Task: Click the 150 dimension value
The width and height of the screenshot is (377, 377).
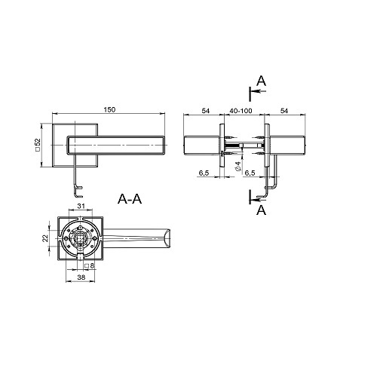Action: click(109, 110)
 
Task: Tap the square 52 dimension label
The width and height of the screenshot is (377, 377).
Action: click(38, 145)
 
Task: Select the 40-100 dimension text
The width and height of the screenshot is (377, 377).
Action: click(241, 111)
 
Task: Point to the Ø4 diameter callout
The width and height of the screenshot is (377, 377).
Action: click(238, 167)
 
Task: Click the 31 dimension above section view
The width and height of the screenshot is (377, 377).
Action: click(81, 206)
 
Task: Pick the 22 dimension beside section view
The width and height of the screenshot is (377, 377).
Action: click(45, 238)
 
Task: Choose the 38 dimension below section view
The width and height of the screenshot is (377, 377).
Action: click(81, 277)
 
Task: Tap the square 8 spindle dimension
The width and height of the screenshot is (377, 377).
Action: click(89, 265)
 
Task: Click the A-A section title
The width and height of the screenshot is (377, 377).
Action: click(130, 199)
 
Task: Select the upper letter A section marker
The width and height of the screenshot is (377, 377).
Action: click(261, 81)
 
